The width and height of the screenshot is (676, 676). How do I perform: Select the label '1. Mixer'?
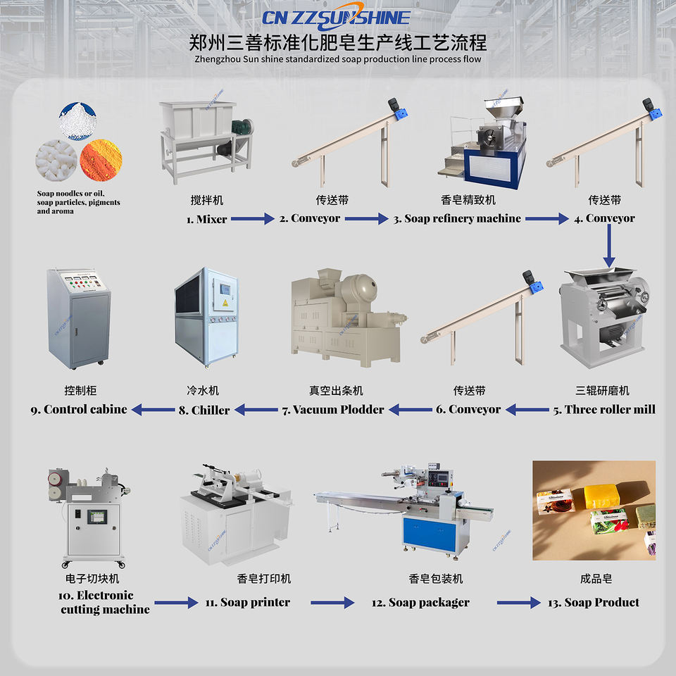[206, 219]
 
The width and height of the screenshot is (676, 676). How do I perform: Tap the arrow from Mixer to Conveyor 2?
[252, 219]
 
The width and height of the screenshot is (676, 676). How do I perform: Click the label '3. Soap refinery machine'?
[457, 219]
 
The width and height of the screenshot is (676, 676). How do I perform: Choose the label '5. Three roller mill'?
[604, 409]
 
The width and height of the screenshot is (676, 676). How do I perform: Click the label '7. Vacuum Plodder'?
[333, 409]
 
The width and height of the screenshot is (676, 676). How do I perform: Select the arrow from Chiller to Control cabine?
[154, 409]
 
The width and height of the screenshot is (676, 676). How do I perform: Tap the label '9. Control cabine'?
[79, 409]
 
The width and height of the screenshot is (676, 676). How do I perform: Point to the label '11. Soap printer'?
[248, 602]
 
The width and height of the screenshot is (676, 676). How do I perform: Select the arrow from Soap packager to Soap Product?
[518, 602]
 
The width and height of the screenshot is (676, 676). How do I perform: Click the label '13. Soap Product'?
[594, 602]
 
